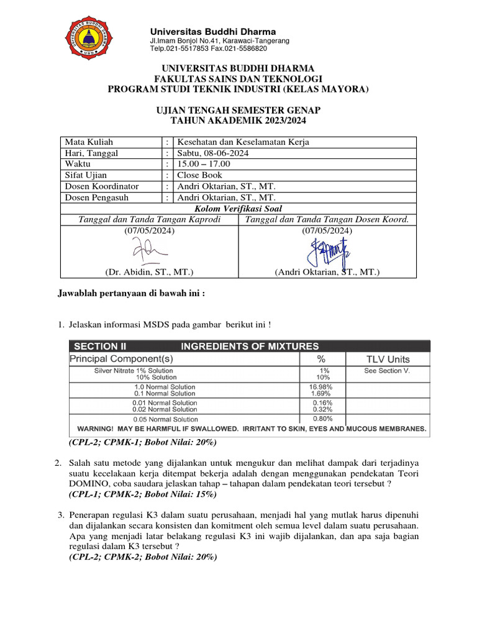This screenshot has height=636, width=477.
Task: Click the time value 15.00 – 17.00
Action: [x=203, y=164]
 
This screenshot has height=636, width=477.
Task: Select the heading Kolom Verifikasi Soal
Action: [x=238, y=208]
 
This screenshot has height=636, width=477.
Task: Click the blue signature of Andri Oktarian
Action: [x=328, y=251]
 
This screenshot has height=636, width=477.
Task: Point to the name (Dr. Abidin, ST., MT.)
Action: [x=149, y=272]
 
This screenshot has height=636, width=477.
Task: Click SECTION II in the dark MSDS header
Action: [x=104, y=346]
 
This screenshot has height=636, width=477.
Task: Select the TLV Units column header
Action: [x=387, y=359]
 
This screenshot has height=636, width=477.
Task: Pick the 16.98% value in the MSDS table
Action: [x=320, y=387]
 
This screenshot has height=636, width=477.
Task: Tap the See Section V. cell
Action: [x=387, y=371]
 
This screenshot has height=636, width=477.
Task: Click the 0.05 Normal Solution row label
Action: [x=165, y=418]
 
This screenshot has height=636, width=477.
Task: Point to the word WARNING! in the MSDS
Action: [x=99, y=429]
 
